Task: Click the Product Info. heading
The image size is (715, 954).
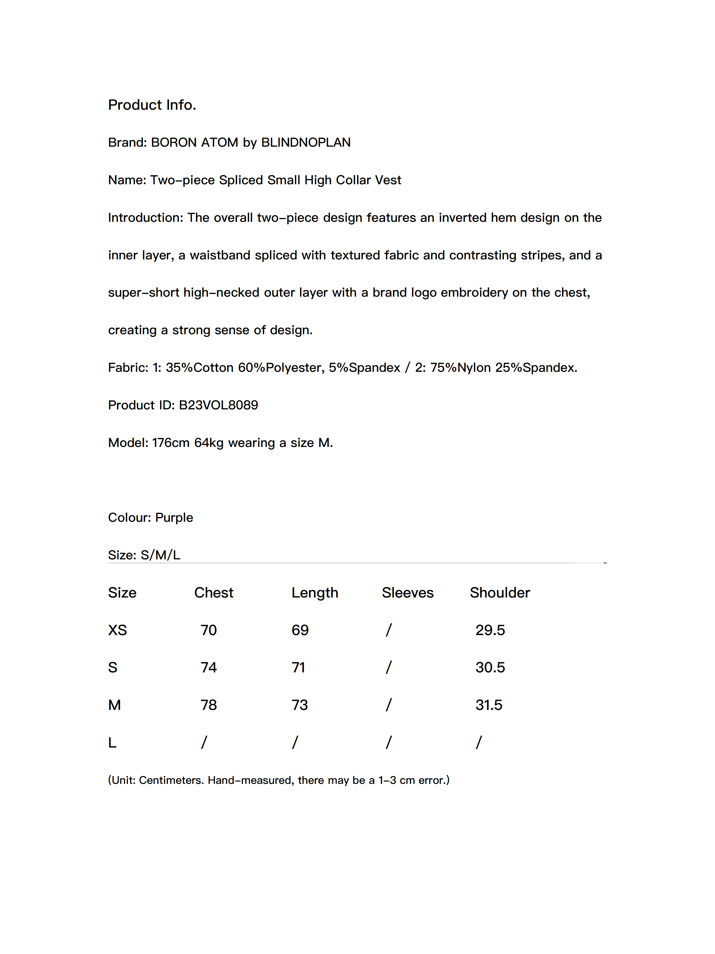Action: [152, 105]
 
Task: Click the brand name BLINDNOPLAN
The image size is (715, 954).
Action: [306, 142]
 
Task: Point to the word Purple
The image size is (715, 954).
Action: [174, 518]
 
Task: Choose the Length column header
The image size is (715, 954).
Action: [315, 593]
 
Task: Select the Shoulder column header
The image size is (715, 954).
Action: [499, 593]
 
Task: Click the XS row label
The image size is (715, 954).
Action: [117, 630]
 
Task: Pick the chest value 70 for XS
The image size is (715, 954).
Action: [209, 630]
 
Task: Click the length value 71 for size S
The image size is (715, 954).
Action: [298, 668]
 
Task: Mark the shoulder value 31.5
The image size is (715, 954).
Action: [489, 705]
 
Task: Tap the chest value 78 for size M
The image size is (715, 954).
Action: [209, 705]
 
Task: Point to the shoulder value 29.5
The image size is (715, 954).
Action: [490, 630]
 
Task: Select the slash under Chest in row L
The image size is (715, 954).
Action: [204, 742]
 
